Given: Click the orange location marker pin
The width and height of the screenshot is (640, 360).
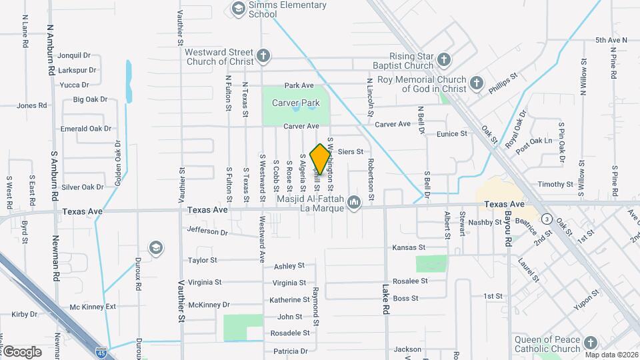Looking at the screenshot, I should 321,158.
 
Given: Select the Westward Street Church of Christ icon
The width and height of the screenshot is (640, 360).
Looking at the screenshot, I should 264,56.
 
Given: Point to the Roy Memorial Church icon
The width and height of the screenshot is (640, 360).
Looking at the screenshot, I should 476,83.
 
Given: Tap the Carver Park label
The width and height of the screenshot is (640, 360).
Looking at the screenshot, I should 296,103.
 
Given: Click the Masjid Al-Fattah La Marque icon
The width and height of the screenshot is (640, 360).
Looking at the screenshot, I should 354,201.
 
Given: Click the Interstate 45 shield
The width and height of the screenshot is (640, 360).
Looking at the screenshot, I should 101,349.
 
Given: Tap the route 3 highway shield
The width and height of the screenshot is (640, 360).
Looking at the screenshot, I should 547,218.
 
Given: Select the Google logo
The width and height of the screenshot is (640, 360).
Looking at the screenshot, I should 21,351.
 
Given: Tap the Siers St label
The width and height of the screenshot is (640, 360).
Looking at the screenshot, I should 350,152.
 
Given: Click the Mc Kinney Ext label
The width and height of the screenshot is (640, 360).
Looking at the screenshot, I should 93,307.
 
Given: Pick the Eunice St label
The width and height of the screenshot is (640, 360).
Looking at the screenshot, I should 452,134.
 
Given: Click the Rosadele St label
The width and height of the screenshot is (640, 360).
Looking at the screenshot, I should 289,333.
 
